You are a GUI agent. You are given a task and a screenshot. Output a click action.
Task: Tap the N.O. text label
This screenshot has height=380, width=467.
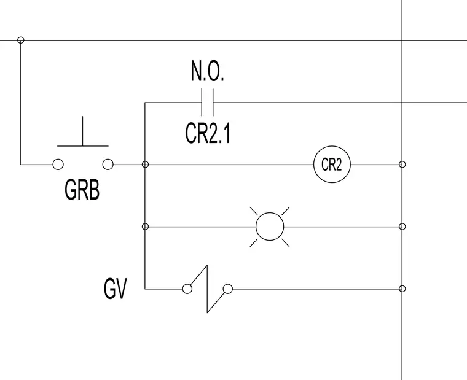tap(207, 71)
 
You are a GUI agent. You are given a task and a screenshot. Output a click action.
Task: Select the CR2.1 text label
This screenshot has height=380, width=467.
tap(208, 133)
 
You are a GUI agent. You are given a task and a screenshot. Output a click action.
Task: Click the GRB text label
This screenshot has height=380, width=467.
tap(82, 190)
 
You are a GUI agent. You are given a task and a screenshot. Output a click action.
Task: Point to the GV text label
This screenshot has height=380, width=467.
tap(116, 289)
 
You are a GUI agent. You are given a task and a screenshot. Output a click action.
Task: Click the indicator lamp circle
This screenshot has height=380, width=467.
tap(270, 213)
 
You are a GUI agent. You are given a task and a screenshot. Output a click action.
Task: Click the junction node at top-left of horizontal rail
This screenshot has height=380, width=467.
tap(20, 40)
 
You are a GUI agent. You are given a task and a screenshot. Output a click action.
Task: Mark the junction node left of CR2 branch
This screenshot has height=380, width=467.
tap(145, 165)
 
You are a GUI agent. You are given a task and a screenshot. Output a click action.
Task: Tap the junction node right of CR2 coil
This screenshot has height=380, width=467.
tap(402, 165)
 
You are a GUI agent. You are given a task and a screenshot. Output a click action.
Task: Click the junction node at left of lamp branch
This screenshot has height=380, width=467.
tap(145, 227)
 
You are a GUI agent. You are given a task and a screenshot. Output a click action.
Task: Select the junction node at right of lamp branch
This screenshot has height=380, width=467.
tap(402, 227)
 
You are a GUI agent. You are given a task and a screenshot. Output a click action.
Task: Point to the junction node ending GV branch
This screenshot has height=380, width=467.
tap(402, 289)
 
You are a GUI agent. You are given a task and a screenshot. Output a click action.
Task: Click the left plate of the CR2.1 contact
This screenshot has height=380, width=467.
tap(202, 102)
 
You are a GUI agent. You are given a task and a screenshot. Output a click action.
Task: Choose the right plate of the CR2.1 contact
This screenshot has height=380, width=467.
tap(213, 102)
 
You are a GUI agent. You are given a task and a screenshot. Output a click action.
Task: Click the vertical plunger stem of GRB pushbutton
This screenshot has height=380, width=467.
tap(83, 131)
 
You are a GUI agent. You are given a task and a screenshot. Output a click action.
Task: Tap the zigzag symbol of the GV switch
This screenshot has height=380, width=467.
tap(207, 289)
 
